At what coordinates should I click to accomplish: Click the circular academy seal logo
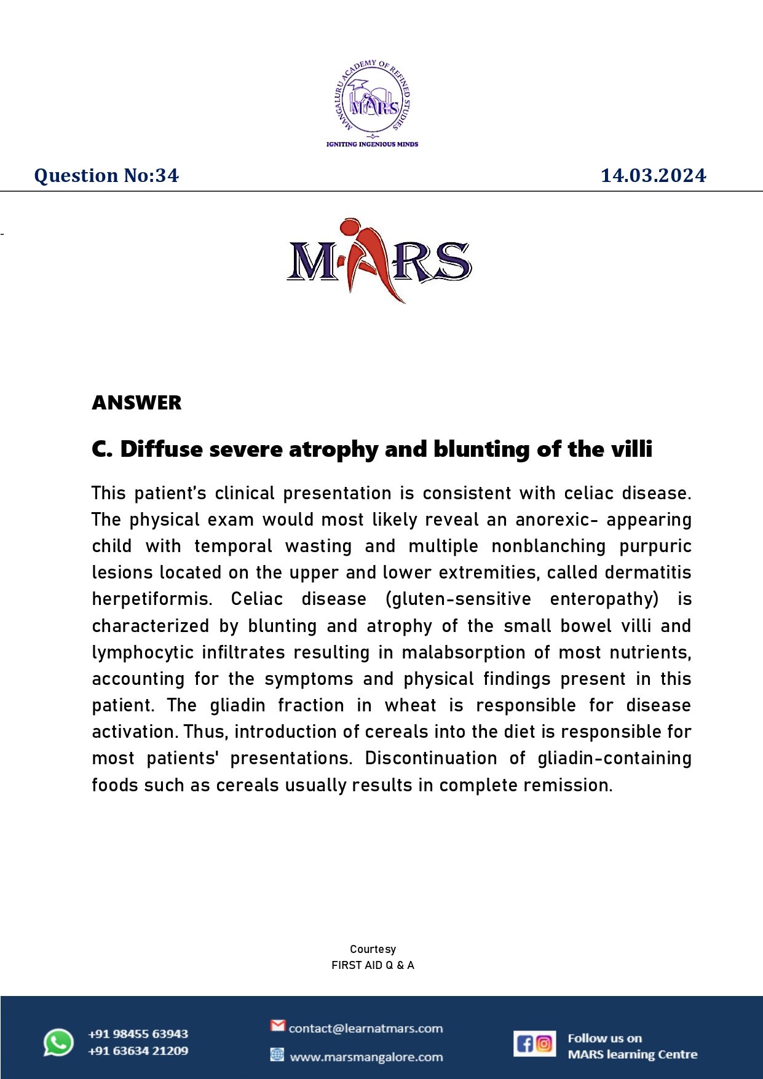tap(373, 98)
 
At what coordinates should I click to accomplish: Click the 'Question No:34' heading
tap(106, 176)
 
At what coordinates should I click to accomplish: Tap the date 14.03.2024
tap(653, 176)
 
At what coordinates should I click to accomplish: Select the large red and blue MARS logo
tap(379, 261)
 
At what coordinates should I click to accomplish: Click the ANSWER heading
tap(136, 403)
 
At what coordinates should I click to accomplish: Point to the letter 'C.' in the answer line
tap(102, 449)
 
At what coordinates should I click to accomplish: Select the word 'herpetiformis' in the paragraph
tap(151, 599)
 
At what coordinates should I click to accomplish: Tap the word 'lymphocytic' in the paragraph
tap(143, 652)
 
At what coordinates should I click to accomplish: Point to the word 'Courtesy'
tap(373, 949)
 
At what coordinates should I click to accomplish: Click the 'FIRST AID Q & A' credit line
tap(373, 965)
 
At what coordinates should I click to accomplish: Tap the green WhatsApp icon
tap(58, 1043)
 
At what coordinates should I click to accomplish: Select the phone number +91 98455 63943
tap(138, 1034)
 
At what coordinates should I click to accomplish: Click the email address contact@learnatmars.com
tap(366, 1028)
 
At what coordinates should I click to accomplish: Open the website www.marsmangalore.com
tap(366, 1057)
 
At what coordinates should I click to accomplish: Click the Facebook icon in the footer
tap(525, 1043)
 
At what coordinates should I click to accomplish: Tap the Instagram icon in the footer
tap(544, 1043)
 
